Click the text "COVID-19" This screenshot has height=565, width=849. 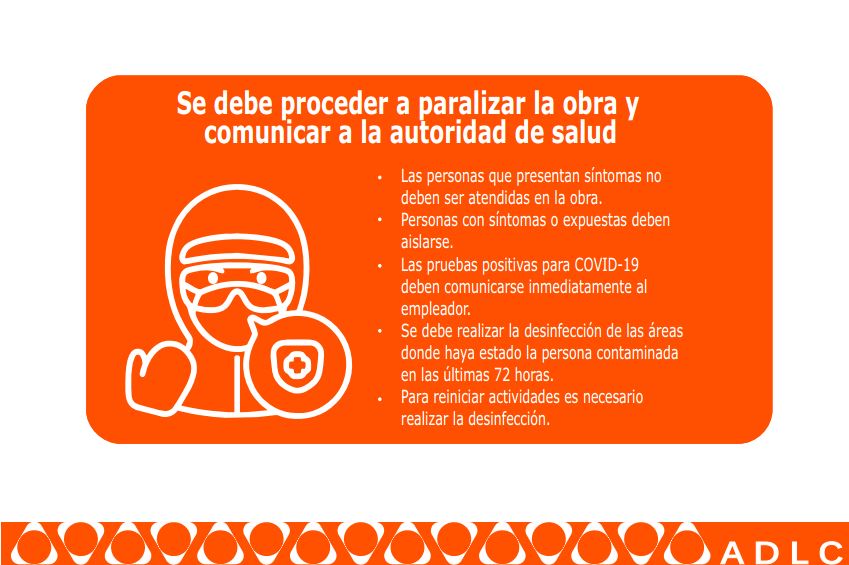[606, 265]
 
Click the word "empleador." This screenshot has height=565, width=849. [436, 309]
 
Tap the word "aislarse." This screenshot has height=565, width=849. [427, 242]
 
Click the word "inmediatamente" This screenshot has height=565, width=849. [581, 287]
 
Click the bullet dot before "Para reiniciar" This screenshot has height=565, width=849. [380, 399]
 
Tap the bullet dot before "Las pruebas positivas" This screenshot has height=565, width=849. [380, 267]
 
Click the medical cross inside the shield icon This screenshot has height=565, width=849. [296, 367]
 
